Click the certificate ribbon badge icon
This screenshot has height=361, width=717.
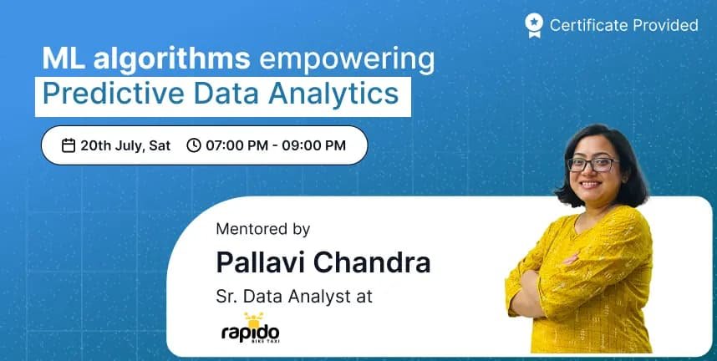pos(534,25)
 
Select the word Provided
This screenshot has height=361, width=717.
pos(659,25)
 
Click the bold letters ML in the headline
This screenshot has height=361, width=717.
pos(64,58)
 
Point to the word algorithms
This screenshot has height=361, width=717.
pos(172,59)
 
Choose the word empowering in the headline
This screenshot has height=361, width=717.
pos(347,60)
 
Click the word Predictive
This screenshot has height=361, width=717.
pos(114,94)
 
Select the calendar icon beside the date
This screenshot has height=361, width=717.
pos(69,145)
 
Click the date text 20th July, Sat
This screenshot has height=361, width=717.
pos(125,146)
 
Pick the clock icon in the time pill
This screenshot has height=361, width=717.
pos(194,145)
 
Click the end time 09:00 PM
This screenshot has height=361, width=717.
pos(313,145)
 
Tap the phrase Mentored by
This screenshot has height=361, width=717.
pos(263,229)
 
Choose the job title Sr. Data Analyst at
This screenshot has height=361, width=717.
pos(294,296)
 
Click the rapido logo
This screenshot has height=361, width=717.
pos(251,328)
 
